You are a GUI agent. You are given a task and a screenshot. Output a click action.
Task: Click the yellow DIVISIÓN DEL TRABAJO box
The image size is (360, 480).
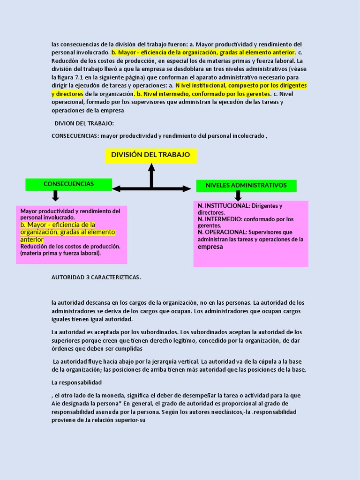tap(150, 155)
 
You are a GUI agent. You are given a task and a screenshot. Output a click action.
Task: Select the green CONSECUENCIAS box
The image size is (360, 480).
tap(68, 184)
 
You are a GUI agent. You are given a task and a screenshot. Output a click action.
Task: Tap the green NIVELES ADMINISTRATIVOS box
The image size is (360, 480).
tap(246, 185)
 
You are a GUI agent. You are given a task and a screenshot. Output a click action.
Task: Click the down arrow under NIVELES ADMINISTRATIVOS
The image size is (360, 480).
tap(238, 196)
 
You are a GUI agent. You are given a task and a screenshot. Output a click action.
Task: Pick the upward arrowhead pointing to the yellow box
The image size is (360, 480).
tap(151, 168)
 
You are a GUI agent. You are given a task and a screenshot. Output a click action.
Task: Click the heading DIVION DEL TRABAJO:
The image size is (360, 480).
tap(84, 123)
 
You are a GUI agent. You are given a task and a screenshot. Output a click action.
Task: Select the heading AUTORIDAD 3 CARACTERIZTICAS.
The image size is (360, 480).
tap(96, 277)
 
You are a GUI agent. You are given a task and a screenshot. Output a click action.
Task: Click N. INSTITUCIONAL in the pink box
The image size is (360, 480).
tap(224, 206)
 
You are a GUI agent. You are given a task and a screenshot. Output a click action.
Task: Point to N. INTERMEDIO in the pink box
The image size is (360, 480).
tap(220, 219)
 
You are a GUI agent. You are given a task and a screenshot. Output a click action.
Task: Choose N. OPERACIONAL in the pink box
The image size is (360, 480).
tap(222, 232)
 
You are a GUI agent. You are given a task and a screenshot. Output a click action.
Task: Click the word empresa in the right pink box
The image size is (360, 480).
tap(210, 247)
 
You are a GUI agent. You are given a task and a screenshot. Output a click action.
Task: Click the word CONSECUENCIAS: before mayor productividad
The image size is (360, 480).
tap(75, 136)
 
